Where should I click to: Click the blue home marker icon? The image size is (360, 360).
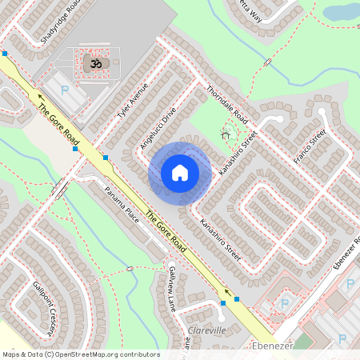click(180, 172)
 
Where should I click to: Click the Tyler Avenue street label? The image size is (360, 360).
click(133, 101)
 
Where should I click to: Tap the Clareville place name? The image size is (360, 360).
click(206, 330)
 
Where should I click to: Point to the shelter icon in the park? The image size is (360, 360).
click(226, 135)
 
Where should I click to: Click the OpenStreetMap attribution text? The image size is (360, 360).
click(81, 354)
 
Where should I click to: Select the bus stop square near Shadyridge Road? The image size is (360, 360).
click(5, 54)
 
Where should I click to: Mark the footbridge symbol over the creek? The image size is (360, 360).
click(58, 190)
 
